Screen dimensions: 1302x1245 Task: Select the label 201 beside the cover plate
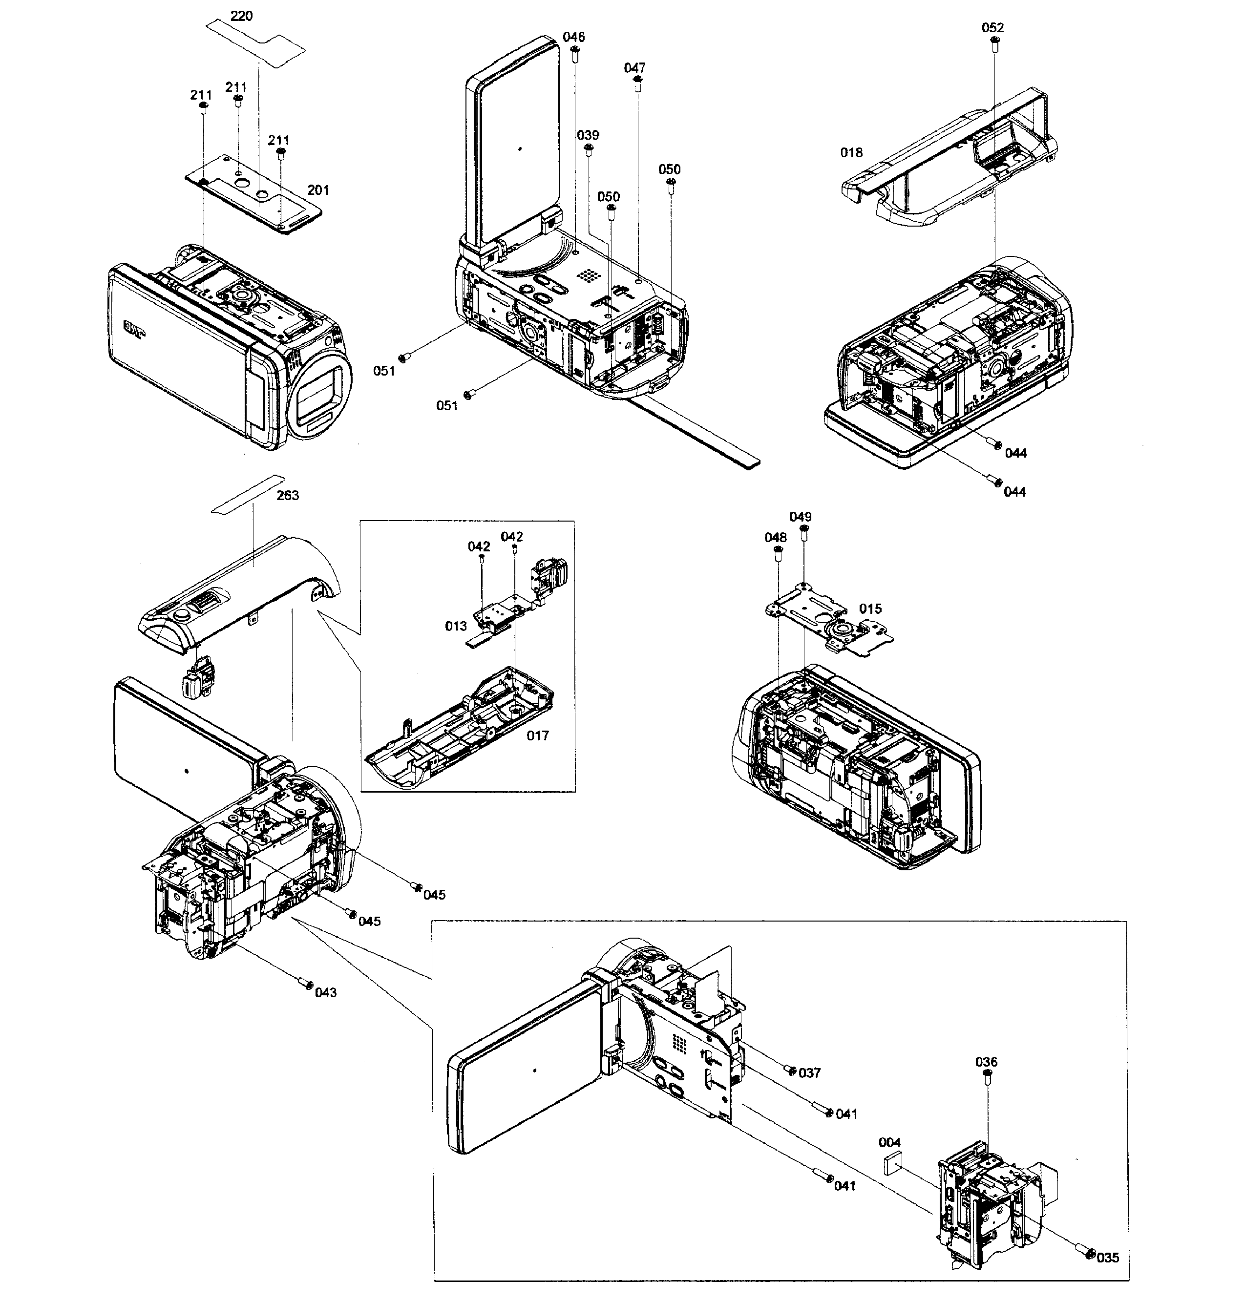pos(318,190)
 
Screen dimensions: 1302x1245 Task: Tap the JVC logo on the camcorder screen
pos(134,329)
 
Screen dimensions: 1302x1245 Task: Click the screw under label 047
pos(637,82)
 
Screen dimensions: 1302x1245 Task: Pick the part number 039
pos(588,135)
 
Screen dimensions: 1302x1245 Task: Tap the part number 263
pos(287,495)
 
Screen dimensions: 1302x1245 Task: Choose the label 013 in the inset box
pos(456,626)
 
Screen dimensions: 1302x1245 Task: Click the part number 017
pos(538,735)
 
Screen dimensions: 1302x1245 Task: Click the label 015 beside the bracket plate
pos(870,609)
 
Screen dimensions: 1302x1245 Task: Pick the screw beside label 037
pos(790,1070)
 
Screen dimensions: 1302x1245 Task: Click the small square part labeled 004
pos(893,1163)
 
